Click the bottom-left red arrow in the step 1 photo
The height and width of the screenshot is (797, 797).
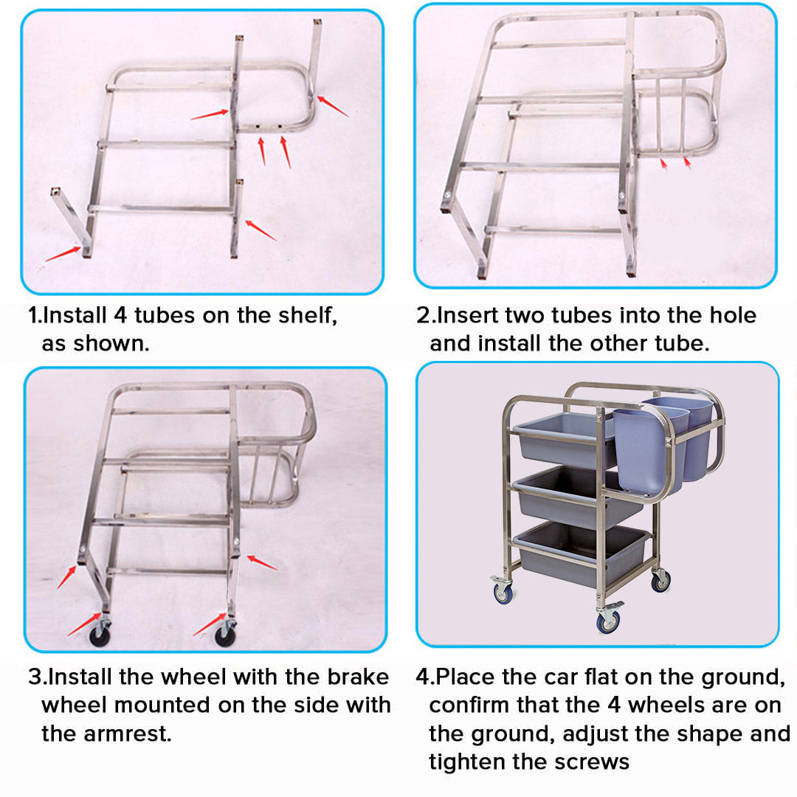[62, 252]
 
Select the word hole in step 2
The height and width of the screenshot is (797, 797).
[728, 315]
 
